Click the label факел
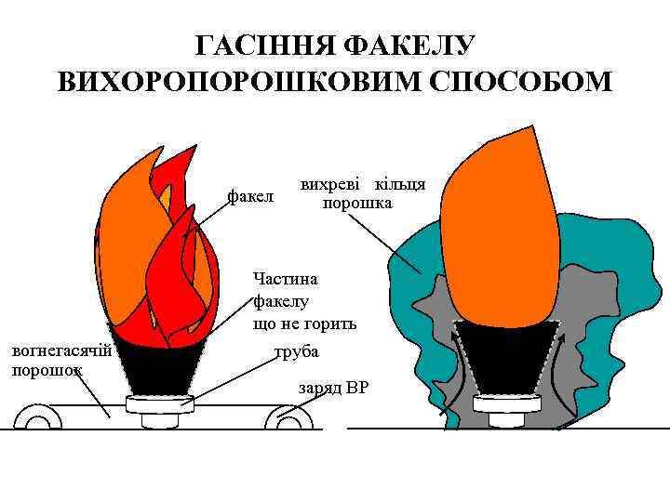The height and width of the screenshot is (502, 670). [251, 197]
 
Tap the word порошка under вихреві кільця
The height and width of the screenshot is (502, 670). [357, 203]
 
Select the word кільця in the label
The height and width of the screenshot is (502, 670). [398, 183]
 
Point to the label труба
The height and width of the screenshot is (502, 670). [296, 352]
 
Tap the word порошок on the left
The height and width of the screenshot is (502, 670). [47, 369]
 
